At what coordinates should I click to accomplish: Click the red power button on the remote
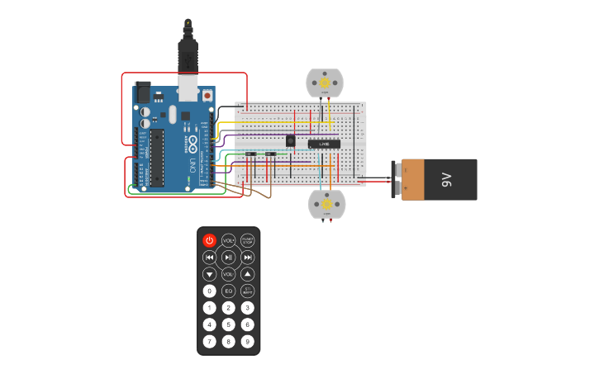point(210,240)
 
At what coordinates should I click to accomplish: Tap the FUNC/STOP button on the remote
point(248,240)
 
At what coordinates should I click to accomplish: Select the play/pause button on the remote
point(229,258)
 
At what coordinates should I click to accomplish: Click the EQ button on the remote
point(229,291)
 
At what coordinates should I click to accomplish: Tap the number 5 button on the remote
point(229,324)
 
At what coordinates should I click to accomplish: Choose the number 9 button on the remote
point(248,341)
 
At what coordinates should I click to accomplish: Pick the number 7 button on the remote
point(210,341)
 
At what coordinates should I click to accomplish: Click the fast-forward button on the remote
point(248,258)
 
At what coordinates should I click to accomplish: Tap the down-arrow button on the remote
point(210,274)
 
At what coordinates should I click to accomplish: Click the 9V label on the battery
point(445,179)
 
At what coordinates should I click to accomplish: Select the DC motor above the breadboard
point(325,83)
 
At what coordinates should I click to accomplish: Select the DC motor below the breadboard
point(326,204)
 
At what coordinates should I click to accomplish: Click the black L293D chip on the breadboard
point(324,144)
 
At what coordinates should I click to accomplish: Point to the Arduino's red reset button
point(207,96)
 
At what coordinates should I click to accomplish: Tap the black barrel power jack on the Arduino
point(143,90)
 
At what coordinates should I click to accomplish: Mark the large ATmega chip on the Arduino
point(155,157)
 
